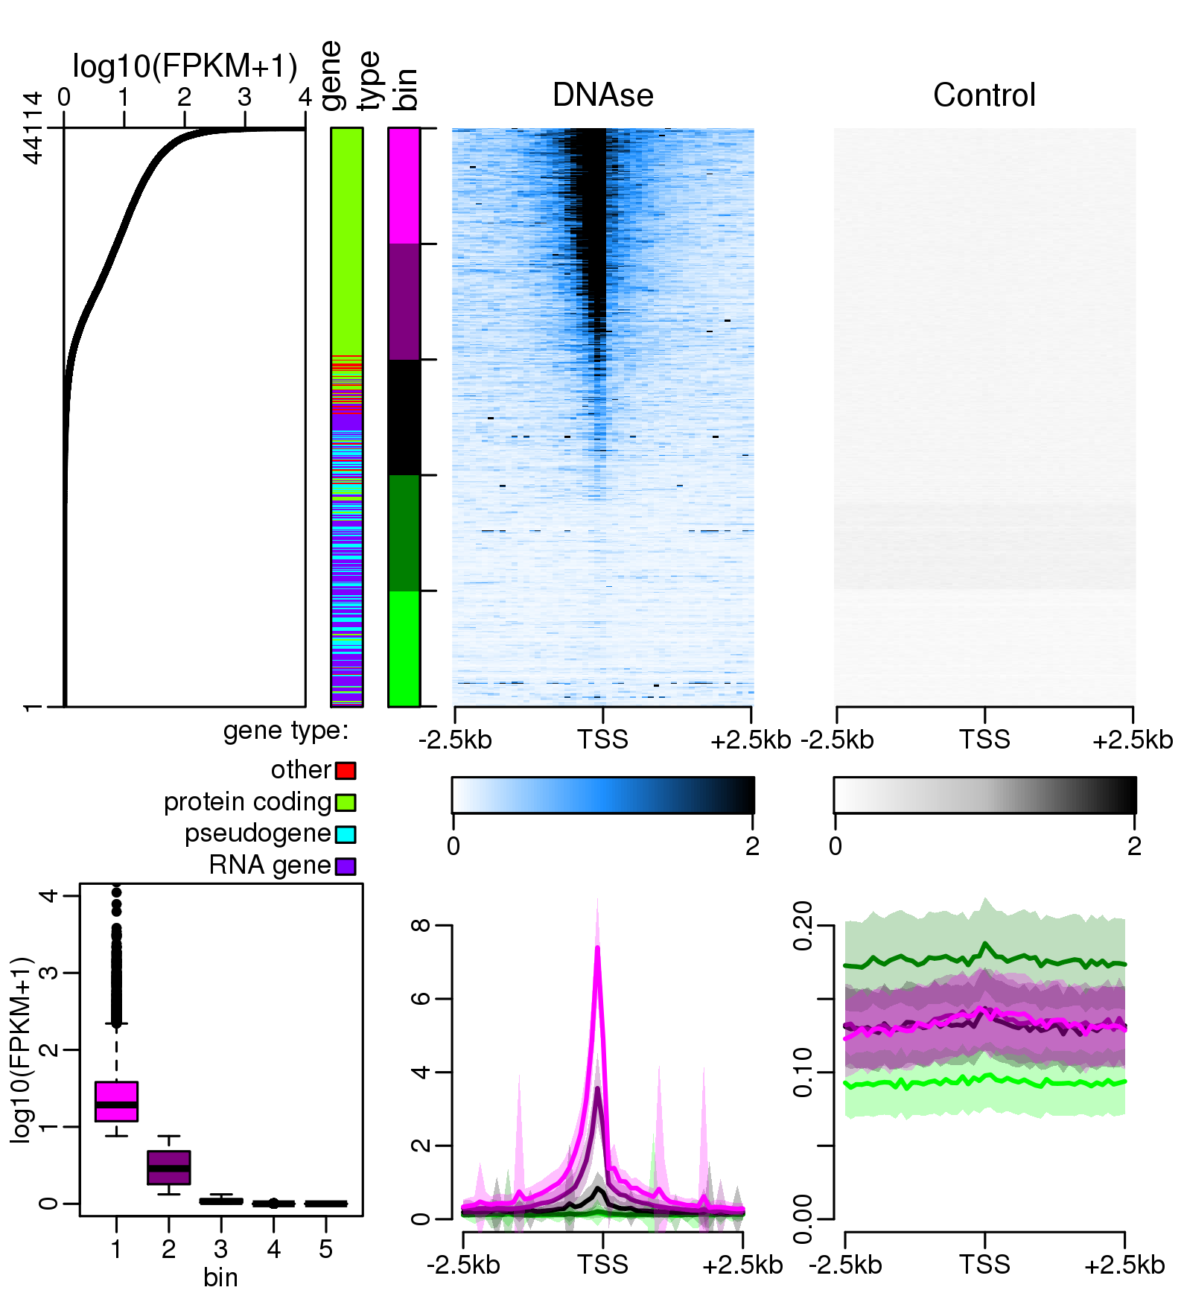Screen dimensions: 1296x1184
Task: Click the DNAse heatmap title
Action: [x=602, y=95]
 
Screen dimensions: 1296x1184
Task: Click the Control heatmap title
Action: [x=984, y=95]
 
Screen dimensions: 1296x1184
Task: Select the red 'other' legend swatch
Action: [x=346, y=770]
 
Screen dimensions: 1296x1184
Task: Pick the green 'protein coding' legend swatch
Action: [x=346, y=802]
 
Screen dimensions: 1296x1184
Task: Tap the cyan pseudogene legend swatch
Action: [x=346, y=834]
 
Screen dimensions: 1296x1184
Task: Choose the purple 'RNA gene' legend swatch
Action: [x=346, y=866]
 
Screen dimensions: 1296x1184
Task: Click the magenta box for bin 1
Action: [x=117, y=1101]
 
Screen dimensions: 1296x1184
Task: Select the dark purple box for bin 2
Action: [x=169, y=1167]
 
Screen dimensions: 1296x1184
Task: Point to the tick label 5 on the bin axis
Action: [x=325, y=1249]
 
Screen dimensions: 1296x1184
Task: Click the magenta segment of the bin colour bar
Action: [x=404, y=186]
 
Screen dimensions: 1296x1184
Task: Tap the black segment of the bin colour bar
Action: [x=404, y=417]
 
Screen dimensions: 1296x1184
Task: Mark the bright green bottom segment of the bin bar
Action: [x=404, y=648]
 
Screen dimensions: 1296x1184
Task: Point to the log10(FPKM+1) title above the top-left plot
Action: [x=185, y=67]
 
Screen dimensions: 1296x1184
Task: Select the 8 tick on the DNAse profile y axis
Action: [x=421, y=925]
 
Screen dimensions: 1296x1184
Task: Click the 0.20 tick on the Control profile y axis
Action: [x=803, y=925]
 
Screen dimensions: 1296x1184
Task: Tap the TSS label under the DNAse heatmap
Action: [x=602, y=740]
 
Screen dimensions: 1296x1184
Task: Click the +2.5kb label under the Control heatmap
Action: [x=1133, y=740]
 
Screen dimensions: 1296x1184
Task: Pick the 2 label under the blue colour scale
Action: [x=752, y=846]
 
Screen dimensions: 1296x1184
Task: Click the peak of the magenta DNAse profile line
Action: [x=597, y=947]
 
